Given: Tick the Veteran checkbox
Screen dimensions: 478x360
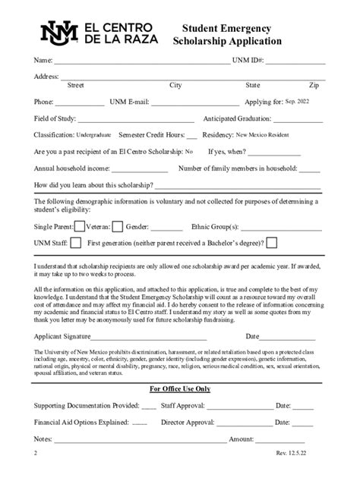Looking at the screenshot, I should point(117,225).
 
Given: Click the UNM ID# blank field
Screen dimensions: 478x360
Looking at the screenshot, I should point(295,60).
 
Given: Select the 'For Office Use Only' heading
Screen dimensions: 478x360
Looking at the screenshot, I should point(180,388).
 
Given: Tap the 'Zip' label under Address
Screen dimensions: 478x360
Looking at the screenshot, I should point(314,85).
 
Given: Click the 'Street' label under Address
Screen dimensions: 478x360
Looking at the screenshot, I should point(76,85).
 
